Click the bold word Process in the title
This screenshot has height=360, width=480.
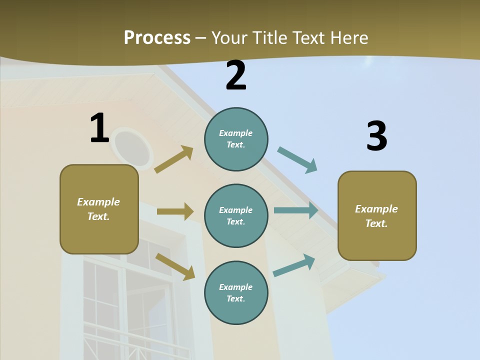tap(157, 37)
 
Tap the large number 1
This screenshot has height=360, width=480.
tap(99, 128)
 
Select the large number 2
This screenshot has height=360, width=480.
tap(236, 75)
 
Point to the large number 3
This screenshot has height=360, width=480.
tap(376, 136)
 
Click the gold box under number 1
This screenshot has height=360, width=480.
tap(99, 209)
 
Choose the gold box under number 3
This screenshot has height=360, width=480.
tap(377, 215)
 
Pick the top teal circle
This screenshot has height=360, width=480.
tap(236, 139)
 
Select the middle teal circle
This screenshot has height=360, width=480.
tap(236, 215)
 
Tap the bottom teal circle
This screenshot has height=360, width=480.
tap(236, 292)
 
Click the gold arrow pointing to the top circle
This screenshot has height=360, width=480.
tap(174, 159)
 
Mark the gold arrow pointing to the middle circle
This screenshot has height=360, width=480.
tap(175, 211)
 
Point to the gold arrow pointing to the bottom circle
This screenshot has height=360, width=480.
tap(175, 266)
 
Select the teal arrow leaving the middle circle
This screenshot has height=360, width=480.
tap(296, 210)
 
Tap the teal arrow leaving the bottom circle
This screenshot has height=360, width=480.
tap(294, 265)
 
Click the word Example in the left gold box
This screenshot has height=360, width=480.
tap(98, 202)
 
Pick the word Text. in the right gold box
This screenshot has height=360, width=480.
tap(376, 223)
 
